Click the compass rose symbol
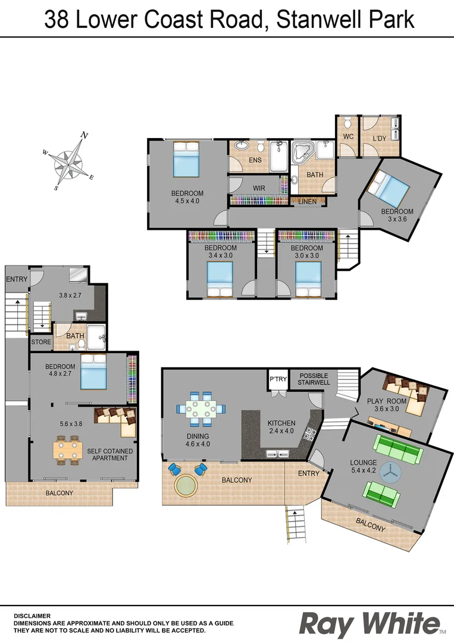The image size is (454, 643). pos(68,161)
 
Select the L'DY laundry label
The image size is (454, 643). pos(380,139)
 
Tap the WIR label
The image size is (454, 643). pos(259,188)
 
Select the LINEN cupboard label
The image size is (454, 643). pos(308,202)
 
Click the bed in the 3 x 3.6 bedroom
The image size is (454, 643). pos(388,187)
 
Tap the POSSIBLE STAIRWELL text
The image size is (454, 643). pos(314,379)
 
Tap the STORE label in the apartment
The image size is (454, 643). pos(40,342)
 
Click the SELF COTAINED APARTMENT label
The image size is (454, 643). pos(110,454)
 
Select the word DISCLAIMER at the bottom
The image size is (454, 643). pos(32,616)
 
